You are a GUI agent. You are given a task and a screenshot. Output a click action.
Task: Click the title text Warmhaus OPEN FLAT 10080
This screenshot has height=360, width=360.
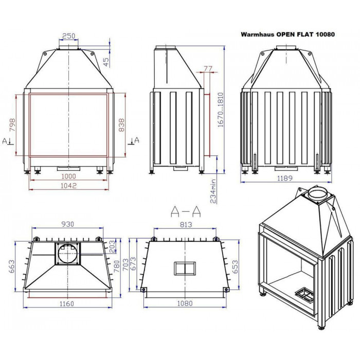pyautogui.click(x=287, y=34)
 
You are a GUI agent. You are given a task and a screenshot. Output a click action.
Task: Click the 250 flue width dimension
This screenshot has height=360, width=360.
pyautogui.click(x=68, y=36)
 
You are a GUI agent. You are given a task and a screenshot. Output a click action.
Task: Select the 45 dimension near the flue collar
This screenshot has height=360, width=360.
pyautogui.click(x=106, y=62)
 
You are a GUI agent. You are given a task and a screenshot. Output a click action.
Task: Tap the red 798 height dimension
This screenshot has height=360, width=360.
pyautogui.click(x=12, y=125)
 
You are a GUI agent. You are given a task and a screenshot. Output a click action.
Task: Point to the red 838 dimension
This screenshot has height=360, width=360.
pyautogui.click(x=121, y=125)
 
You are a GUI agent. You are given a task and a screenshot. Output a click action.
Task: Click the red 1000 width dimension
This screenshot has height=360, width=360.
pyautogui.click(x=68, y=176)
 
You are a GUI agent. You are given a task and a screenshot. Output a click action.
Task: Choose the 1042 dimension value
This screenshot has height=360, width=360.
pyautogui.click(x=68, y=186)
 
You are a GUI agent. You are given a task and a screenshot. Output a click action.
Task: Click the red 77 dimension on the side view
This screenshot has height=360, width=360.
pyautogui.click(x=208, y=68)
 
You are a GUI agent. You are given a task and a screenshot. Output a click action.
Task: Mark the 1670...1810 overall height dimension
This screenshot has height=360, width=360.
pyautogui.click(x=221, y=110)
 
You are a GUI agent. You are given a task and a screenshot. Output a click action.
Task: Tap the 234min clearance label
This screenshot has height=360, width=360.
pyautogui.click(x=213, y=191)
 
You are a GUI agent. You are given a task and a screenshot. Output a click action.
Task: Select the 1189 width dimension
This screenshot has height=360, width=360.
pyautogui.click(x=285, y=178)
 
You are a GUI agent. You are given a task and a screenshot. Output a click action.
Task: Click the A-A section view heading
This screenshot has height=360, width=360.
pyautogui.click(x=186, y=211)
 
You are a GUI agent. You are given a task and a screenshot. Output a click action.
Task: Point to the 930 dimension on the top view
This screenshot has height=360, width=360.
pyautogui.click(x=68, y=224)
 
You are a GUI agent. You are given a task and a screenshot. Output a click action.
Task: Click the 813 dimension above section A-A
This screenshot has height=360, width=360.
pyautogui.click(x=186, y=224)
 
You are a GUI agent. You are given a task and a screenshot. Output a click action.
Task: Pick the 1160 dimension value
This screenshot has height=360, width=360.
pyautogui.click(x=67, y=304)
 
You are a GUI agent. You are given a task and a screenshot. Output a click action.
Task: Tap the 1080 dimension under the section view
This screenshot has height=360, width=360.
pyautogui.click(x=185, y=303)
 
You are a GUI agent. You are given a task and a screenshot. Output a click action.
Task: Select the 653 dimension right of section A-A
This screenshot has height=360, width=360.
pyautogui.click(x=235, y=266)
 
